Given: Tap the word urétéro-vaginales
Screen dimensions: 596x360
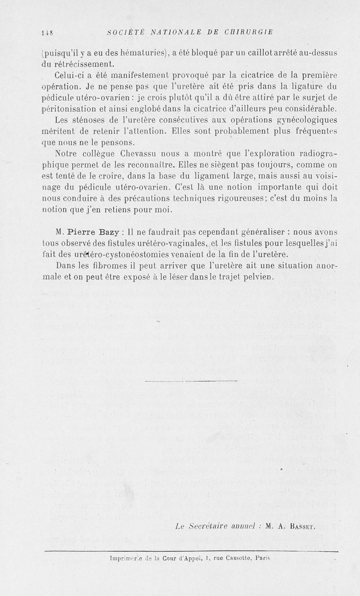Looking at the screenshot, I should point(170,243).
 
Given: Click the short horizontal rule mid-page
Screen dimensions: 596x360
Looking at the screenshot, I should point(192,381).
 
